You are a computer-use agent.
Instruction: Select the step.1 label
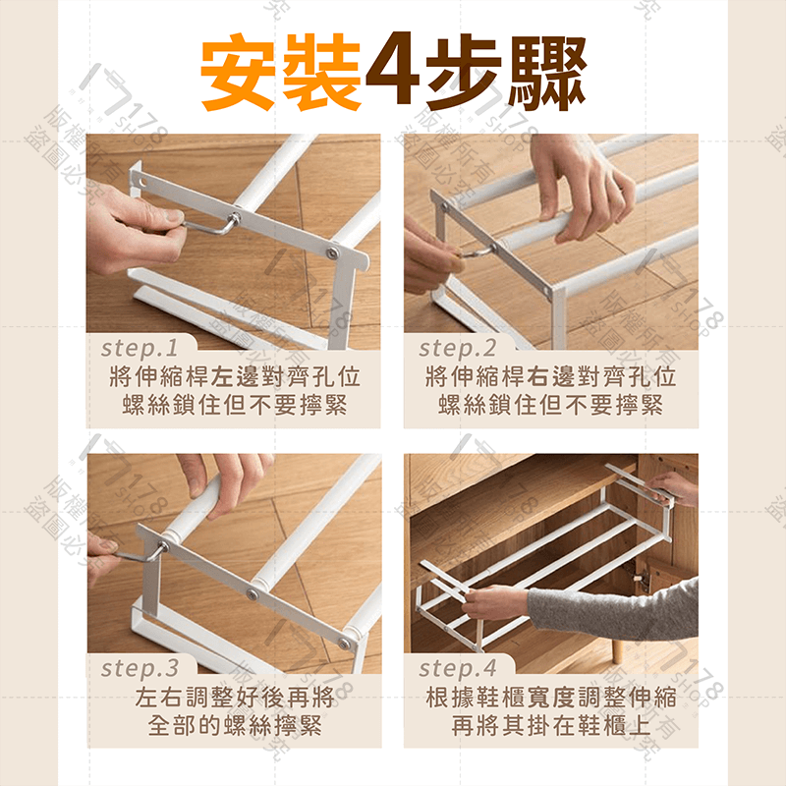(x=140, y=348)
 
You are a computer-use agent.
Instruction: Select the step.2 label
(x=458, y=348)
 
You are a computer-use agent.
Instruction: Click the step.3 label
(x=140, y=668)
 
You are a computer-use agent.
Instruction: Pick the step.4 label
(x=458, y=668)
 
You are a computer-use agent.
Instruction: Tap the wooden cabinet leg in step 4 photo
(x=618, y=649)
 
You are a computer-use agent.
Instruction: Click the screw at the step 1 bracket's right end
(x=332, y=253)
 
